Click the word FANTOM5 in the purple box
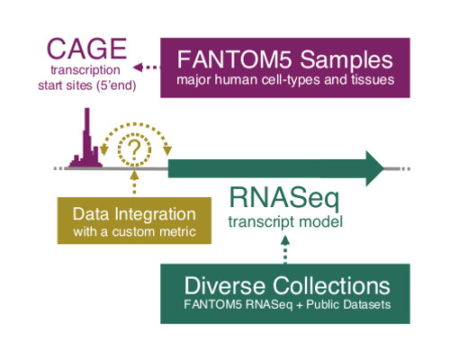click(x=229, y=61)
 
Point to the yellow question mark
click(x=136, y=152)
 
